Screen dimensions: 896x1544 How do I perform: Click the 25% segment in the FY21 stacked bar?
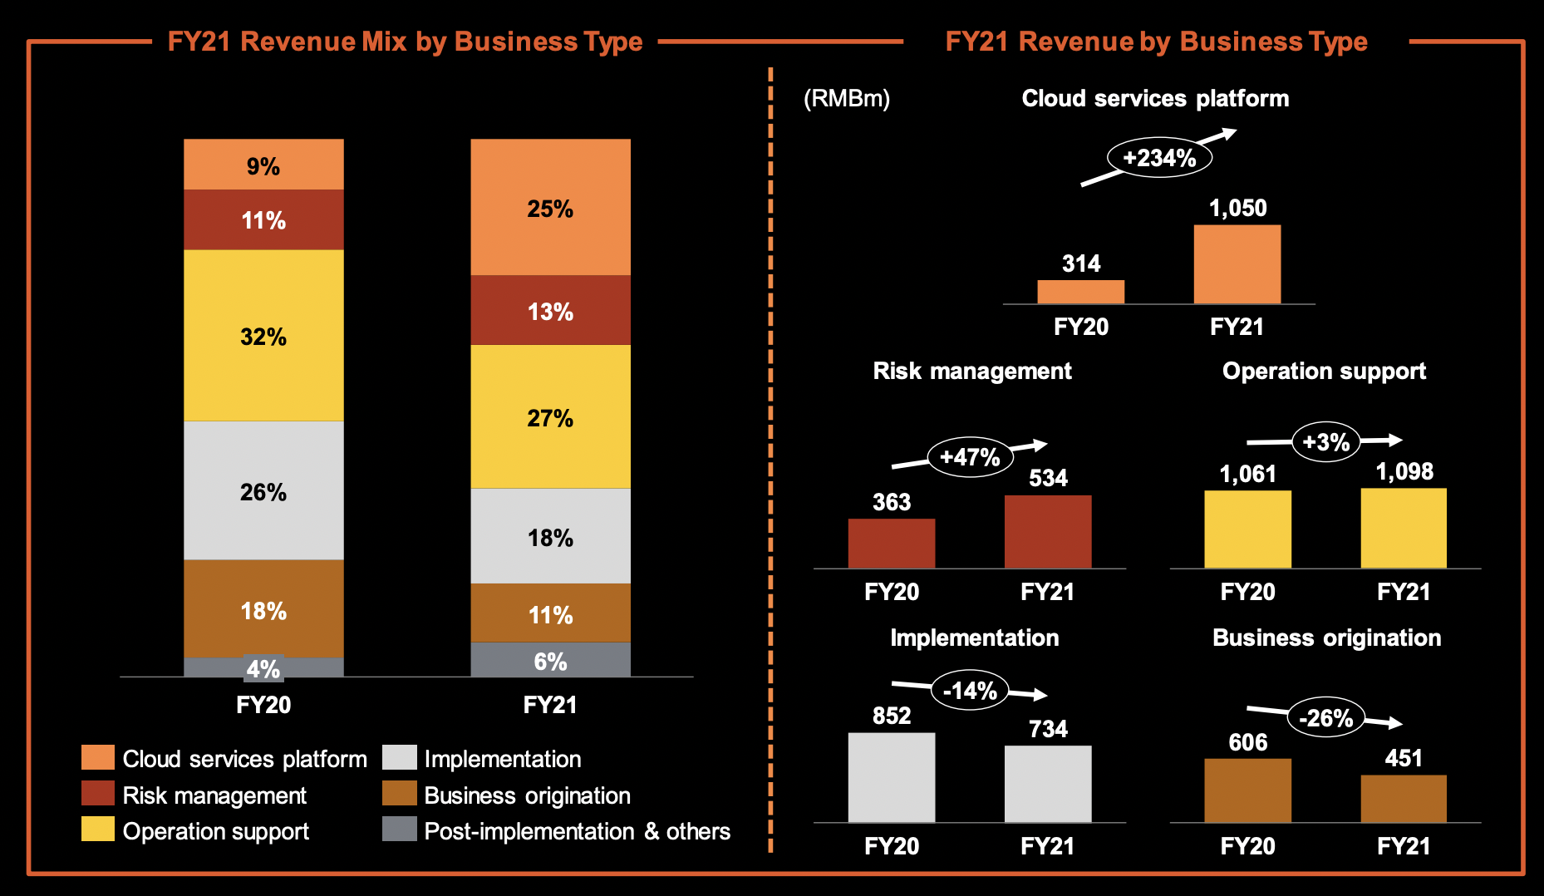coord(550,208)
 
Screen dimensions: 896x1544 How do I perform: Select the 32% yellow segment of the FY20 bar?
coord(263,336)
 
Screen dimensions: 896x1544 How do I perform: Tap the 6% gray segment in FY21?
coord(550,661)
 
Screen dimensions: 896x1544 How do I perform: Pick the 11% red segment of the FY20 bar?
coord(263,220)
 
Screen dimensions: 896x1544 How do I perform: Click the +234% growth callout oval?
coord(1159,158)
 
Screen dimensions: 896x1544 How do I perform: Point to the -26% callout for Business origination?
coord(1325,717)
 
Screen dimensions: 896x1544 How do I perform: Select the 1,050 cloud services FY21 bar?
coord(1237,264)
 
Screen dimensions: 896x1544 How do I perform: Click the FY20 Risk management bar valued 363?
coord(891,544)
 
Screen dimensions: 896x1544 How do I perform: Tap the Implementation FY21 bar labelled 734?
coord(1047,783)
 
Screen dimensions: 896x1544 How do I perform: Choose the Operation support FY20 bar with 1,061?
coord(1247,529)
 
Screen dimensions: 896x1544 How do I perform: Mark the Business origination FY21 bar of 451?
coord(1404,799)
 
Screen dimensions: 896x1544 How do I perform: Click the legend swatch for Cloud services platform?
coord(98,758)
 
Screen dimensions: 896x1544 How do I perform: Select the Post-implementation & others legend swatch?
coord(399,830)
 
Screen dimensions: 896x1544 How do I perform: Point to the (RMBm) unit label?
coord(846,99)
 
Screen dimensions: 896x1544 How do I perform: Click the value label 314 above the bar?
coord(1081,263)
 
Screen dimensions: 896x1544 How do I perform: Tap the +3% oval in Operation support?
coord(1325,441)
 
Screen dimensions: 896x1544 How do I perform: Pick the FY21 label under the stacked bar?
coord(550,705)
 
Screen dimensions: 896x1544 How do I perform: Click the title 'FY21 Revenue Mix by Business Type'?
coord(405,42)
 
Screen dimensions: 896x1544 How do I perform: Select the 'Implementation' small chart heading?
coord(974,638)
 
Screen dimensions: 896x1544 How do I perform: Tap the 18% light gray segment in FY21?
coord(550,537)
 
